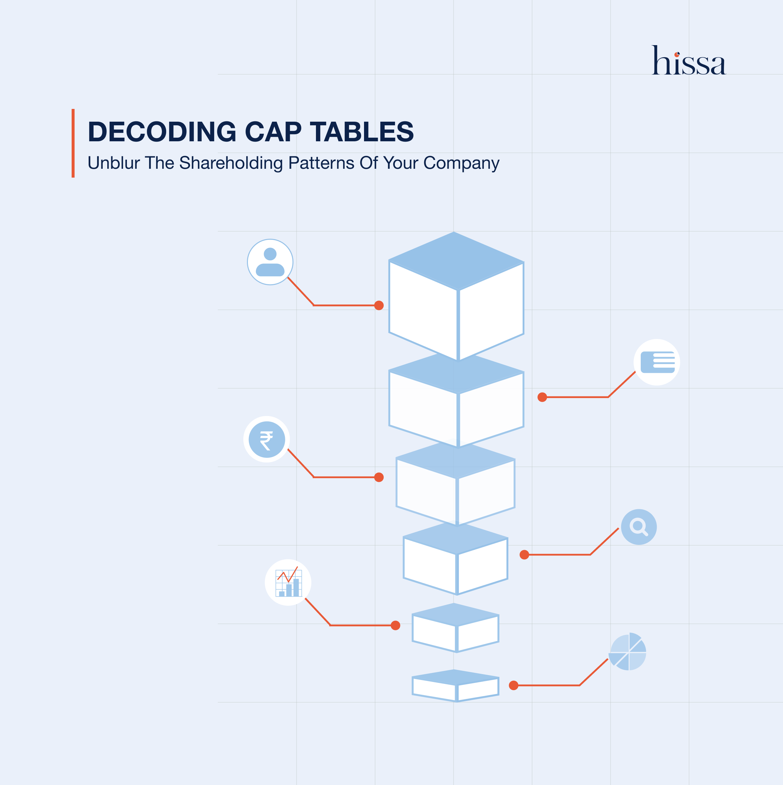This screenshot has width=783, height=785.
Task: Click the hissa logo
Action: click(x=689, y=61)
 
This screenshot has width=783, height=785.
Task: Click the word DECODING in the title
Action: click(x=162, y=132)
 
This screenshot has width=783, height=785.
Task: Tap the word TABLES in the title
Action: click(x=362, y=132)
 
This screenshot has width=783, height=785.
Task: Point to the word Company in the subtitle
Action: click(x=461, y=163)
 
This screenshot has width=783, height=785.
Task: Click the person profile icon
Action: click(x=270, y=262)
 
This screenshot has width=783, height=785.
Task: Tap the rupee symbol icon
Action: click(x=267, y=439)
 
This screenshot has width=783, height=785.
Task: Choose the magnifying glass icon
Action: click(x=639, y=527)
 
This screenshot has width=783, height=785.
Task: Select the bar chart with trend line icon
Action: click(x=288, y=582)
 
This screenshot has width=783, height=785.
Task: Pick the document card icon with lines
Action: click(x=657, y=362)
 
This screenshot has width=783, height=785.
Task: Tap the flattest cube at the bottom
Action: click(x=456, y=686)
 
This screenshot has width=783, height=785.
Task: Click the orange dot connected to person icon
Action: click(x=379, y=305)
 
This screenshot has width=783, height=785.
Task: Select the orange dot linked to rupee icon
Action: click(x=379, y=477)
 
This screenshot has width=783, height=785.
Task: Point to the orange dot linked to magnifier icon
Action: click(x=524, y=555)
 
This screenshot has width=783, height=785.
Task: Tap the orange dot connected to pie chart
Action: click(x=513, y=686)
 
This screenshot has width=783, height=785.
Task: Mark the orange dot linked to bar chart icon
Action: click(x=395, y=625)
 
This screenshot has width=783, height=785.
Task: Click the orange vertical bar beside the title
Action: click(x=73, y=143)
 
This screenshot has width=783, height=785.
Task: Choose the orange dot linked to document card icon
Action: click(x=542, y=397)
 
